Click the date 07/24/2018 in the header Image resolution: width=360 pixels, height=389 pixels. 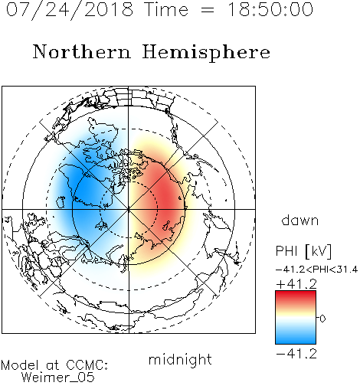click(70, 9)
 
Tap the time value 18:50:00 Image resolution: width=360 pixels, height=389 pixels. click(270, 9)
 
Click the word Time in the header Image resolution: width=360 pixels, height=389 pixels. click(166, 9)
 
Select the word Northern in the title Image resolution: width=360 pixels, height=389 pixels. click(82, 51)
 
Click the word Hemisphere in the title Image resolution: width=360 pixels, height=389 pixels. click(206, 52)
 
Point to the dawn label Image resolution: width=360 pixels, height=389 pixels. click(299, 220)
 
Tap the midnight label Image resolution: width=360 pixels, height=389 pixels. click(180, 360)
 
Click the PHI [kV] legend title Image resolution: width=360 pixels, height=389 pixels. click(303, 251)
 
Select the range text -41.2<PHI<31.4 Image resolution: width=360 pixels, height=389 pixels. click(316, 270)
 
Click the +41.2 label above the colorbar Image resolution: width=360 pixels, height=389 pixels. click(296, 284)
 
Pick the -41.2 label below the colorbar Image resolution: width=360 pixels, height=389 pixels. click(296, 354)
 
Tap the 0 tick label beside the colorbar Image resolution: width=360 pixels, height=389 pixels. click(322, 319)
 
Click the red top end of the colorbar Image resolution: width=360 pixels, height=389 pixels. click(296, 293)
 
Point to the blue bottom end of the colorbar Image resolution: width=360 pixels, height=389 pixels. click(296, 342)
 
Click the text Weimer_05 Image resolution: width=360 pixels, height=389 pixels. click(58, 377)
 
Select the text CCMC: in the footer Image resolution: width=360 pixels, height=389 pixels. click(87, 365)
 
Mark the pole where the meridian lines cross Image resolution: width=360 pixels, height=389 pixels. click(129, 210)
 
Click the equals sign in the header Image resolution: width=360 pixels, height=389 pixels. click(208, 10)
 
